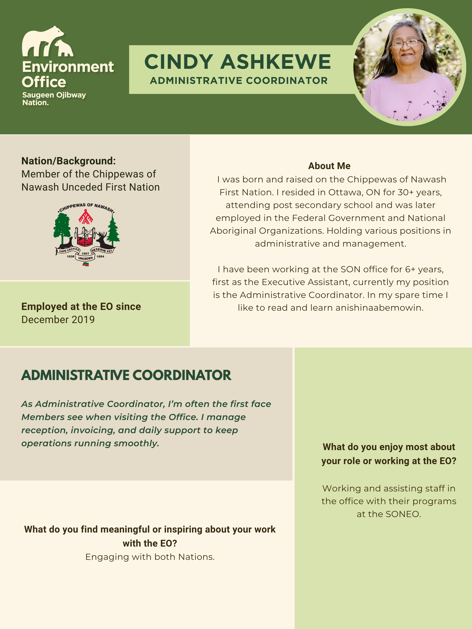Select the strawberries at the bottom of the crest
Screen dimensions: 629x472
(86, 264)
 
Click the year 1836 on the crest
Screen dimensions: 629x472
(70, 256)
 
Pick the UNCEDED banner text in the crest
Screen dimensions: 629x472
(85, 258)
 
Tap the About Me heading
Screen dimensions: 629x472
(329, 166)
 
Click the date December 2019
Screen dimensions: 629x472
(58, 320)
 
